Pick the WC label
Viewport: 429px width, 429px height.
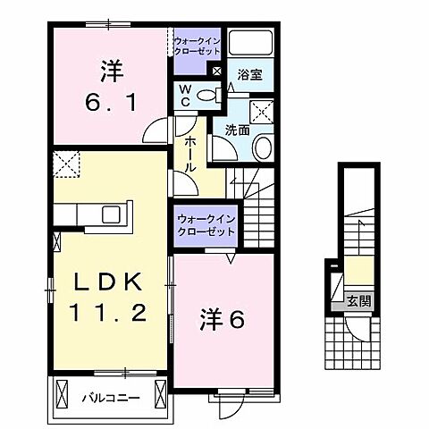point(184,95)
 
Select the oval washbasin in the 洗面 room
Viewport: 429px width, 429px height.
point(262,147)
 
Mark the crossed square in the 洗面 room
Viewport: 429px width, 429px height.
point(264,112)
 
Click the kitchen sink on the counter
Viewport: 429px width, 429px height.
point(113,214)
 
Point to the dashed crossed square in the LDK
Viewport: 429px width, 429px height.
point(66,164)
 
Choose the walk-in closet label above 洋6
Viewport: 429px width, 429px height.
point(205,224)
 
